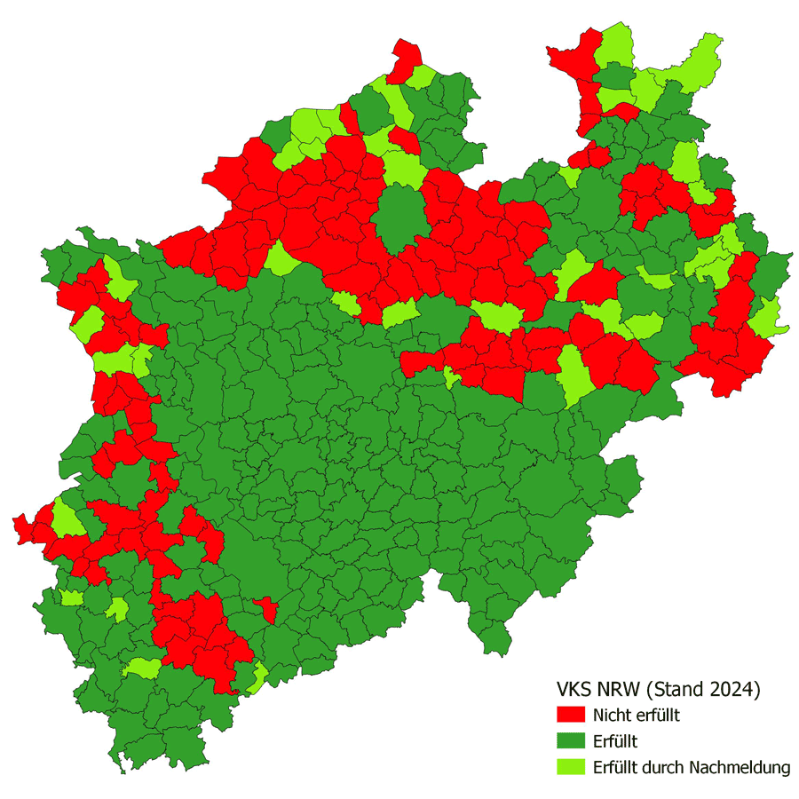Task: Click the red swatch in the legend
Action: point(570,715)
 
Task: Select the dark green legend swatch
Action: point(570,741)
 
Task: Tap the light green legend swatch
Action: point(570,767)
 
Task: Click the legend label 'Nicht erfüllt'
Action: point(637,715)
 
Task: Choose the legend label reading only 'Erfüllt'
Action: point(615,741)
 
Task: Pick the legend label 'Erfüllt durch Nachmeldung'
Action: point(692,768)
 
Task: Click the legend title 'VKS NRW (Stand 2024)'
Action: point(660,689)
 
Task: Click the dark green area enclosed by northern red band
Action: point(401,218)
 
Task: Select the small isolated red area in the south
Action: point(265,609)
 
